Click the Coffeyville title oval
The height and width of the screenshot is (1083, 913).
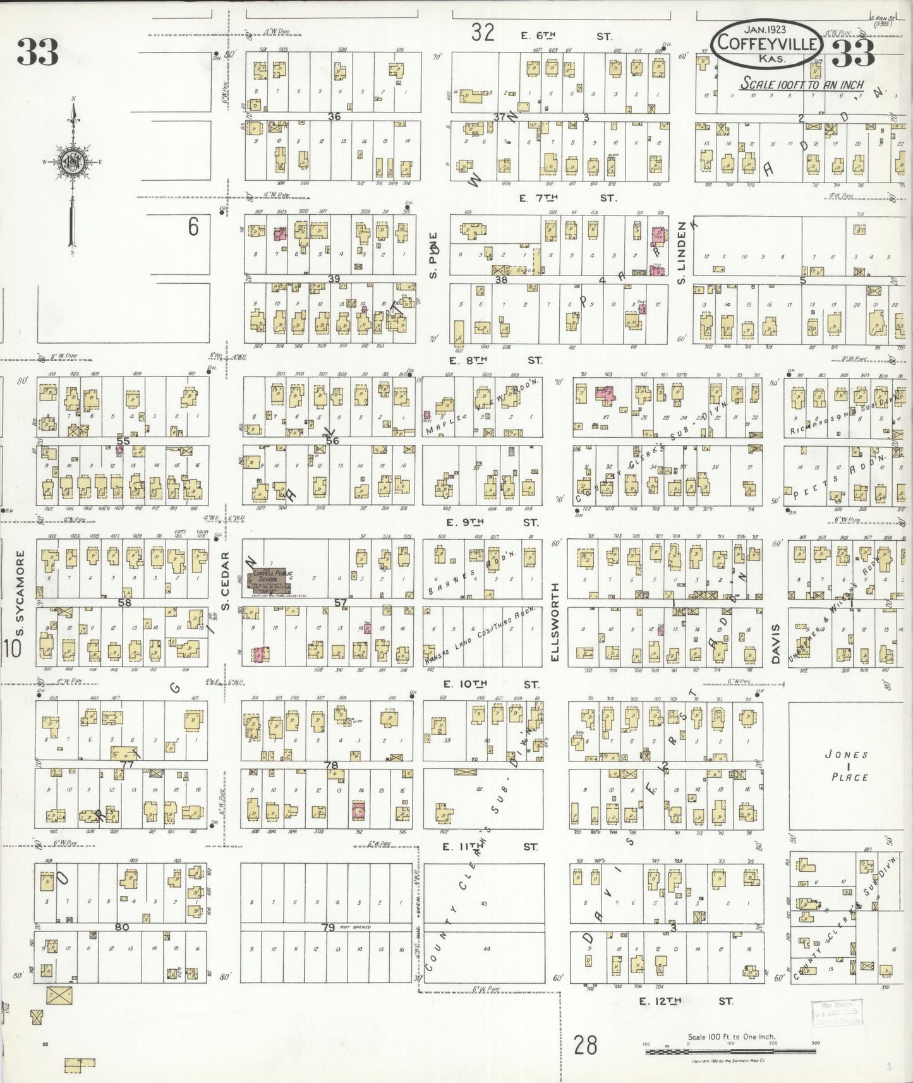(x=766, y=43)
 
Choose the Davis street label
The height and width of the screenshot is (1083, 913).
(x=777, y=643)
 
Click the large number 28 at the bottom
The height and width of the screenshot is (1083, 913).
(x=585, y=1044)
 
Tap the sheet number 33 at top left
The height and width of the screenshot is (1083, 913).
(x=38, y=52)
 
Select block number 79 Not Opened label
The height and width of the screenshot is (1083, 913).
(x=341, y=928)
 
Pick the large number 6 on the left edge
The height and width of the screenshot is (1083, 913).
(x=193, y=227)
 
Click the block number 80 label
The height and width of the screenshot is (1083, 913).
(x=122, y=928)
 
